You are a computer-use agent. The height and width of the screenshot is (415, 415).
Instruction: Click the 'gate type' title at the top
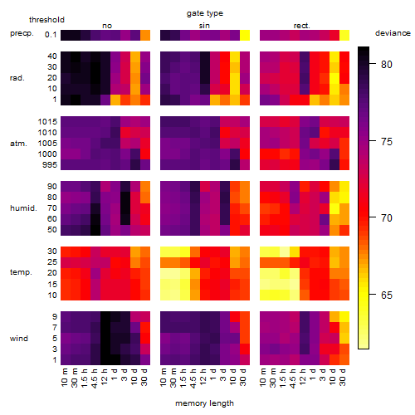point(205,13)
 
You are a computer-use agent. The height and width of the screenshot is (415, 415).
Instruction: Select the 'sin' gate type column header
point(204,26)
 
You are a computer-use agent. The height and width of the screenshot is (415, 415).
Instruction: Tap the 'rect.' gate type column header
point(302,26)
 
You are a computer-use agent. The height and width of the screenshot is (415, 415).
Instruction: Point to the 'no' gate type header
point(107,26)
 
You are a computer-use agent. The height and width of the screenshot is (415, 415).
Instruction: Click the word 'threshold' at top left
point(46,20)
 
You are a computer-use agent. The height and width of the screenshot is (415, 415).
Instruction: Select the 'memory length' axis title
point(205,403)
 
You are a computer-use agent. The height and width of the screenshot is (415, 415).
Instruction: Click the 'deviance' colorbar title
point(393,33)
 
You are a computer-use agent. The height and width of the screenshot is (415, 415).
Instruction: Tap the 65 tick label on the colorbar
point(387,295)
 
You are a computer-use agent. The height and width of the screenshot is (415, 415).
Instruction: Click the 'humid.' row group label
point(23,208)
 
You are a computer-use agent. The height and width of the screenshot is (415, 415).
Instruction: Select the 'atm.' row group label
point(18,144)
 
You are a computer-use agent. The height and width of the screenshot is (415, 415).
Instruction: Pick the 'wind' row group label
point(19,339)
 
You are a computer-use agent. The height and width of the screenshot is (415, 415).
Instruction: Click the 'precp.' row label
point(22,33)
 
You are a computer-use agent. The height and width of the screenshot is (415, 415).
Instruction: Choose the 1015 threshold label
point(47,122)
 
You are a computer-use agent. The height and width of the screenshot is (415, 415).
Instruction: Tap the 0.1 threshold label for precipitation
point(51,35)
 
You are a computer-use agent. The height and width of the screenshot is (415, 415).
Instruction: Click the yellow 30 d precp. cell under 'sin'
point(245,35)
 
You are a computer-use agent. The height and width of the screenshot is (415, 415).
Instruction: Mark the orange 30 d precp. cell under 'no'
point(145,35)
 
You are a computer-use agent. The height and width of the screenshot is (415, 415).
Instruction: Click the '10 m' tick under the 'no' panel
point(64,378)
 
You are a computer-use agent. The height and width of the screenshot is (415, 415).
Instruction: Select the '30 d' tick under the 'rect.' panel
point(343,378)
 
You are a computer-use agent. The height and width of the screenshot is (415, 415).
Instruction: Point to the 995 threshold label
point(50,165)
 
